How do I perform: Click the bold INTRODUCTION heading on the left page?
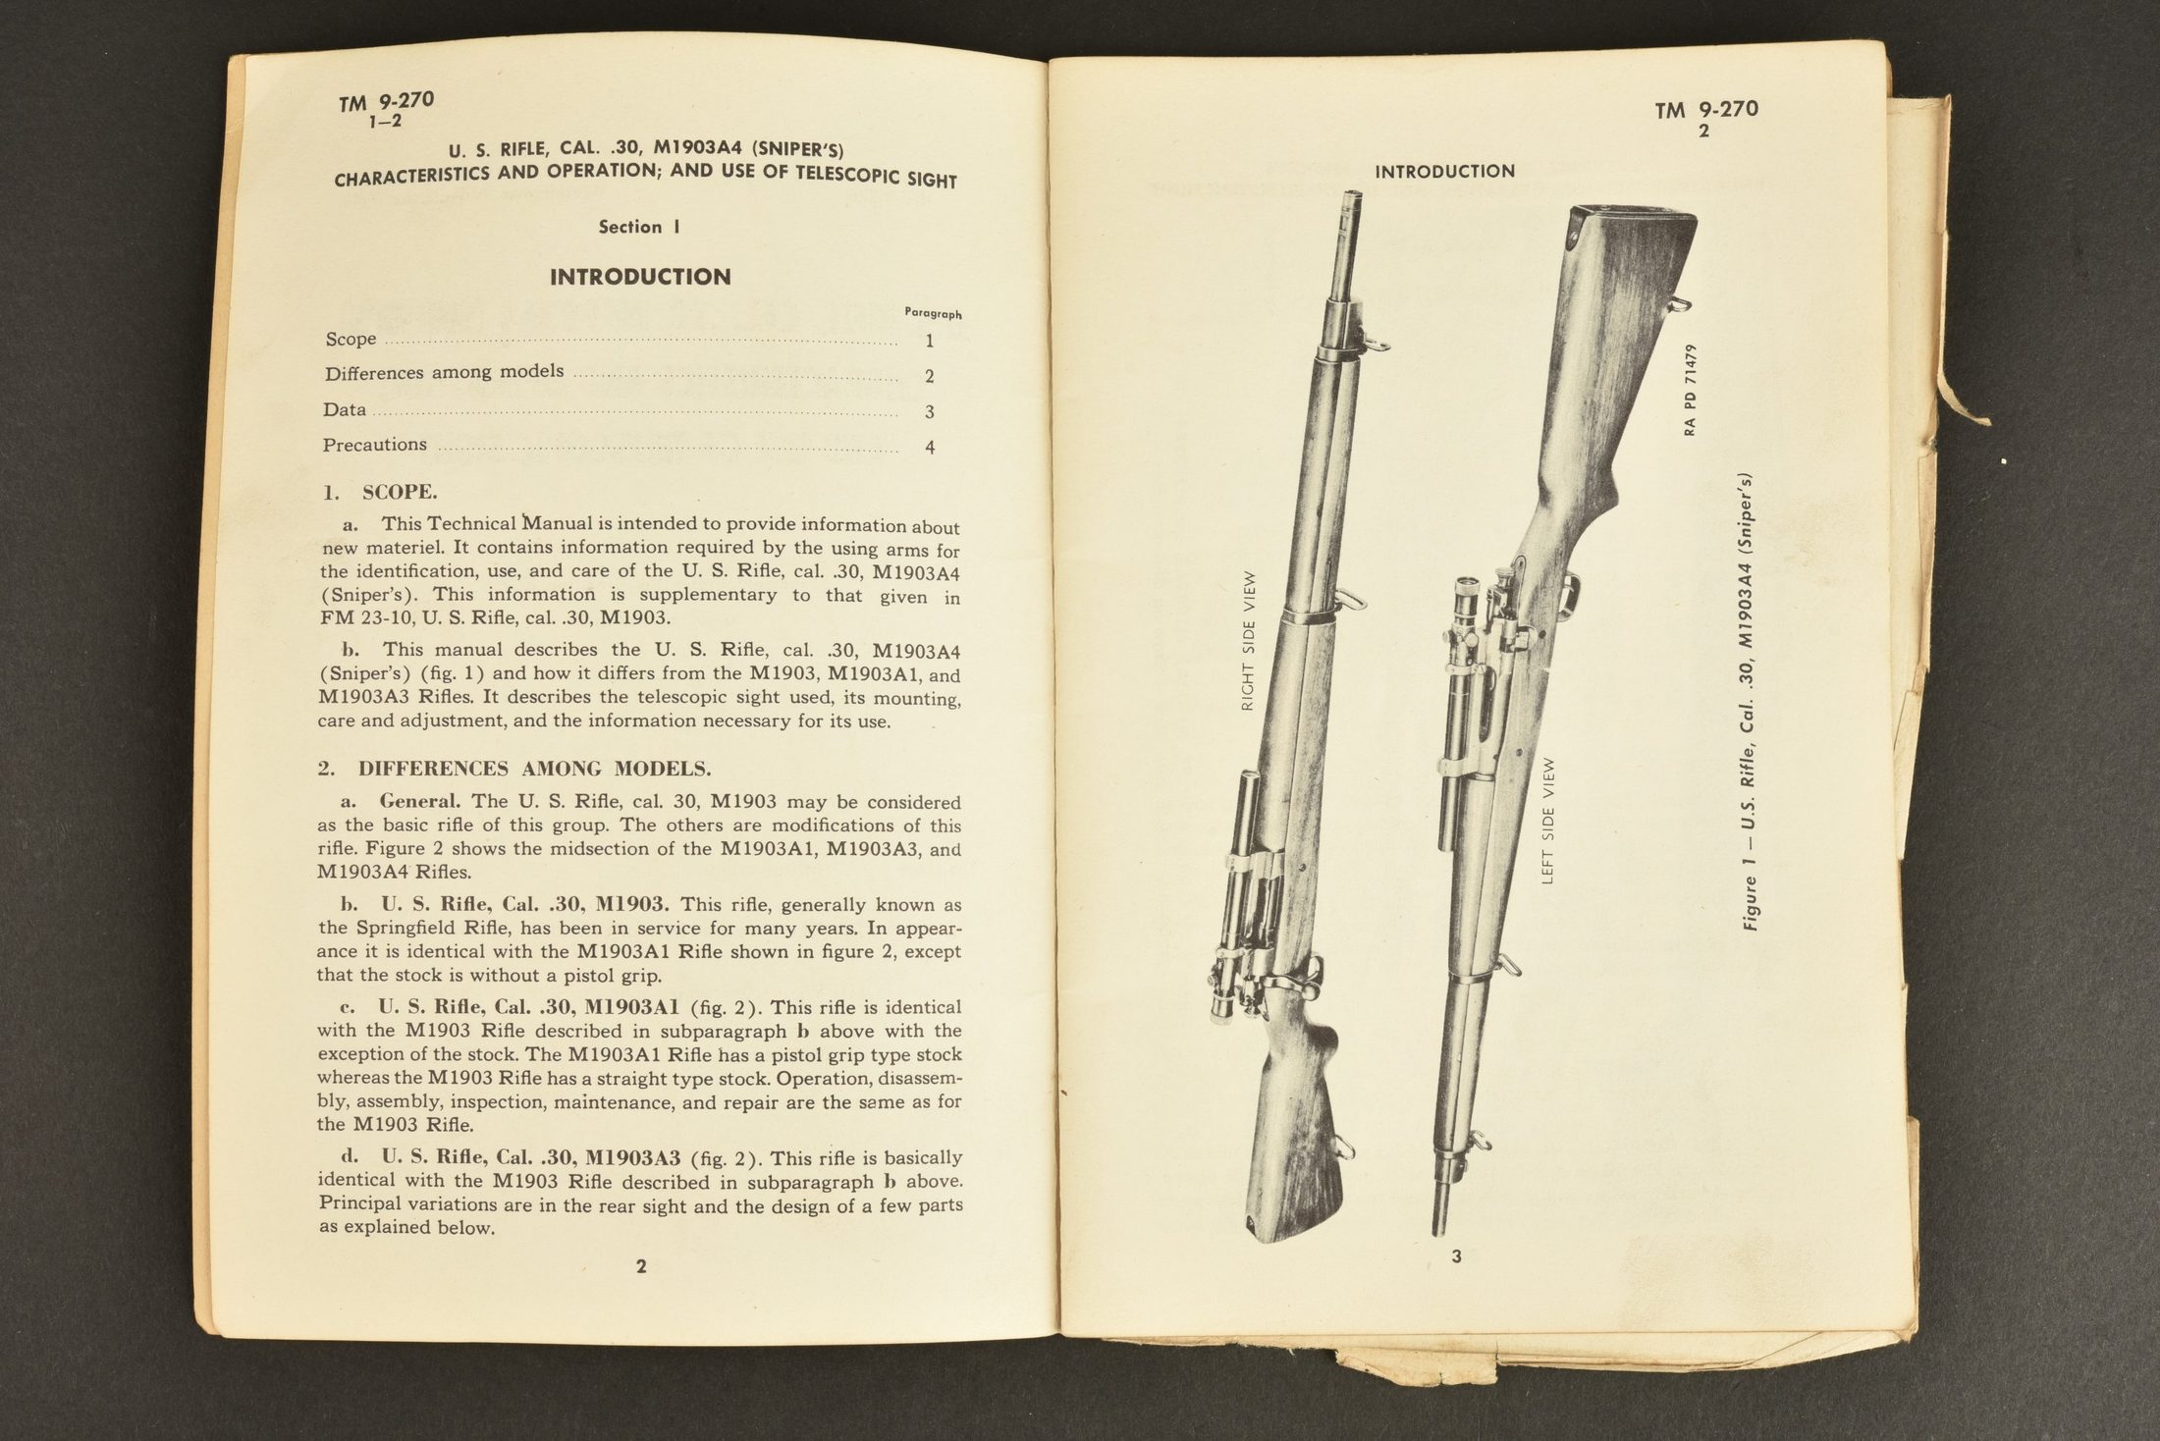tap(640, 277)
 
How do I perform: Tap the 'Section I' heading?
tap(639, 227)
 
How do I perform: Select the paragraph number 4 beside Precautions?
tap(929, 448)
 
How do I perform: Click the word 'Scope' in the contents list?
tap(351, 339)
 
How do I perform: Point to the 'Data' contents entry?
tap(345, 409)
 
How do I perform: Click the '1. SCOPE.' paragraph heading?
tap(381, 492)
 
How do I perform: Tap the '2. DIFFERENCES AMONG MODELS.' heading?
tap(513, 769)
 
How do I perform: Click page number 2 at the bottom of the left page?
tap(641, 1266)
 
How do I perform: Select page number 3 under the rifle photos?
tap(1456, 1256)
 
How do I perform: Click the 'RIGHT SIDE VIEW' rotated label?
tap(1249, 641)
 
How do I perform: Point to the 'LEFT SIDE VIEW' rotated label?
tap(1548, 821)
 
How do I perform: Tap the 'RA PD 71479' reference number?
tap(1690, 390)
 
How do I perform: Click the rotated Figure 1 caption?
tap(1751, 702)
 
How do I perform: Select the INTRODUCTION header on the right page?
tap(1444, 172)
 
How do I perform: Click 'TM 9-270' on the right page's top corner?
tap(1706, 109)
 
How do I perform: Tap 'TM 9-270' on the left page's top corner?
tap(386, 101)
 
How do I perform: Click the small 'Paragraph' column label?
tap(933, 314)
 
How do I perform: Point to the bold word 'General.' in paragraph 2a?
tap(419, 801)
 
